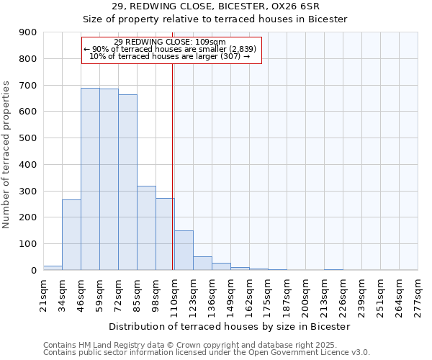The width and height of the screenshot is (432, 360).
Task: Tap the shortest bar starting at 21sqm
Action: coord(53,268)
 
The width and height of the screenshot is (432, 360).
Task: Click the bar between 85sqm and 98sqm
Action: coord(146,228)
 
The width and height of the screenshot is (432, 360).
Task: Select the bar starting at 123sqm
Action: coord(202,263)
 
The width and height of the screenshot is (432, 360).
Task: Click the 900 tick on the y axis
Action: coord(28,32)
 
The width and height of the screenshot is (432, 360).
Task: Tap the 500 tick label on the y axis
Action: coord(28,138)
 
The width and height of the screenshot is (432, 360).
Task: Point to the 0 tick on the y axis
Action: coord(33,270)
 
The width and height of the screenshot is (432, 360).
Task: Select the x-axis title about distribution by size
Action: coord(230,326)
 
